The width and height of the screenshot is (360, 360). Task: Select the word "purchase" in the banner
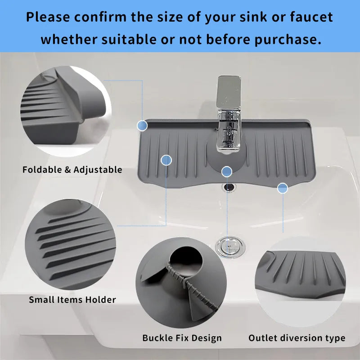pyautogui.click(x=288, y=39)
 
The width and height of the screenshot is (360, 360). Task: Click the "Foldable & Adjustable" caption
pyautogui.click(x=72, y=170)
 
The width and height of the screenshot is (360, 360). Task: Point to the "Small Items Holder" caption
pyautogui.click(x=72, y=299)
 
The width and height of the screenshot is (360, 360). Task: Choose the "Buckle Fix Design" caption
pyautogui.click(x=182, y=338)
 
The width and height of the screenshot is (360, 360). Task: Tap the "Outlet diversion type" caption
pyautogui.click(x=297, y=338)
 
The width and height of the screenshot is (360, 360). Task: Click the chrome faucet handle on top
pyautogui.click(x=229, y=92)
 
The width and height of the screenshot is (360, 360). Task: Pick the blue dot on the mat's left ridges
pyautogui.click(x=166, y=160)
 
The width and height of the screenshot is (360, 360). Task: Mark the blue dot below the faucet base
pyautogui.click(x=227, y=171)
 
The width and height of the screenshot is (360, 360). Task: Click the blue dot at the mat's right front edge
pyautogui.click(x=283, y=188)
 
